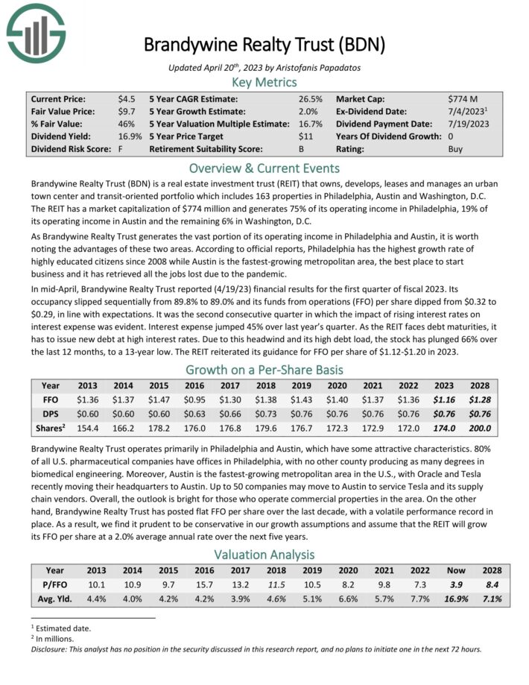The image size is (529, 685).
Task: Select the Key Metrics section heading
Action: pyautogui.click(x=264, y=83)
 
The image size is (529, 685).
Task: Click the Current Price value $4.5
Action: pyautogui.click(x=126, y=98)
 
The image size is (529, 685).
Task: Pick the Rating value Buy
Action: pyautogui.click(x=455, y=149)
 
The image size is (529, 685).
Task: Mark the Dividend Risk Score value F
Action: pyautogui.click(x=120, y=149)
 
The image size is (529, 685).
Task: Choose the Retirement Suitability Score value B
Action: pyautogui.click(x=301, y=149)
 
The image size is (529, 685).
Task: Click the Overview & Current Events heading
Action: pyautogui.click(x=264, y=168)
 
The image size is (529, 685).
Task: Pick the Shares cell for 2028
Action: pyautogui.click(x=477, y=429)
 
